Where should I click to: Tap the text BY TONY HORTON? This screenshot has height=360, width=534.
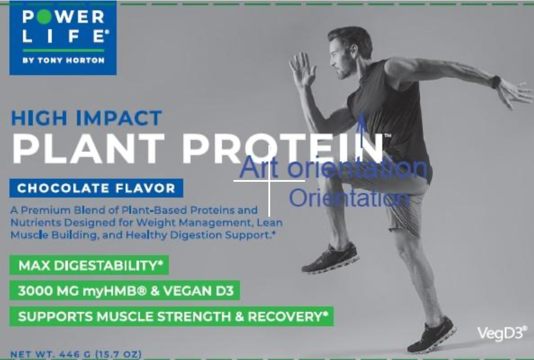[63, 60]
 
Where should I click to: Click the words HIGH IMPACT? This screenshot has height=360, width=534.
[87, 118]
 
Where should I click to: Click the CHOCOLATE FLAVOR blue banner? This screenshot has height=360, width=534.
[96, 188]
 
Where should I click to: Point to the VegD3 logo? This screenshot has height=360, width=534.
[501, 333]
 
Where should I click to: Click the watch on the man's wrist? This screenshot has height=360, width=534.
[495, 82]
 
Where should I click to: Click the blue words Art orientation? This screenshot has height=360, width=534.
[333, 168]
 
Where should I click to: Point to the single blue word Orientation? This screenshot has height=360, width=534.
[349, 198]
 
